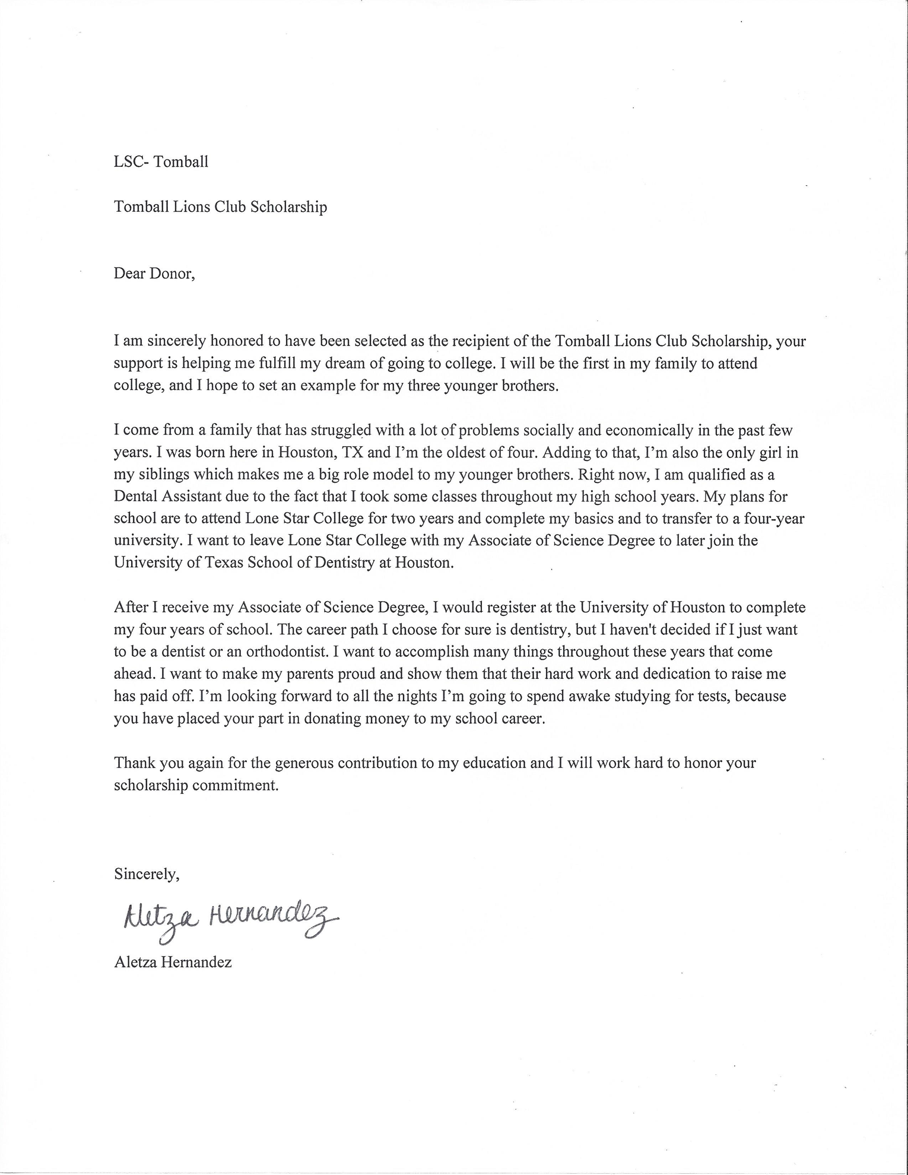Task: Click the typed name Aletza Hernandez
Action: coord(173,962)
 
